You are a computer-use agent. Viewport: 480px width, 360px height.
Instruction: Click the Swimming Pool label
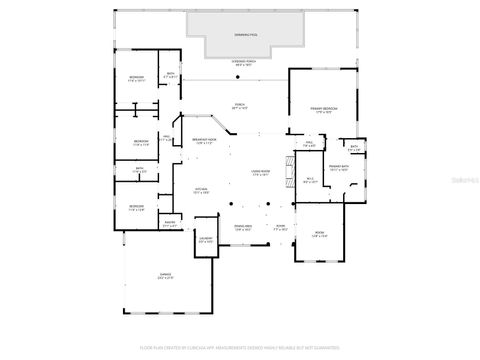click(245, 35)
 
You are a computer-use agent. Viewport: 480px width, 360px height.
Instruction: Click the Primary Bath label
click(338, 168)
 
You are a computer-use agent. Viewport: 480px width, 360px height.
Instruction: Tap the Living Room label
click(261, 174)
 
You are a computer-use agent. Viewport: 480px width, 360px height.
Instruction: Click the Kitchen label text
click(201, 191)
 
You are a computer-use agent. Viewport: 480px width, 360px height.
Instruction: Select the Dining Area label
click(242, 229)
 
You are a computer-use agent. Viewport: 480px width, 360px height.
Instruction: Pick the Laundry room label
click(205, 241)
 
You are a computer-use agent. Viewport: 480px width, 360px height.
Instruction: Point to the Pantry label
click(170, 224)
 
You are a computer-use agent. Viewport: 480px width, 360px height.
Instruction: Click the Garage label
click(165, 277)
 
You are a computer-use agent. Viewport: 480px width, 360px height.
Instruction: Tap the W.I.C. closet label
click(310, 181)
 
